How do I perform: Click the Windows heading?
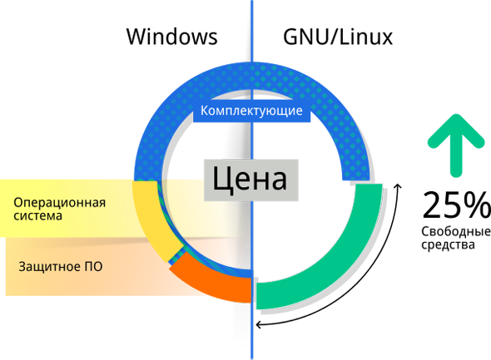pyautogui.click(x=172, y=37)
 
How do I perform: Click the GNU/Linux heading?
pyautogui.click(x=338, y=37)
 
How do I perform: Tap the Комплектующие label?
pyautogui.click(x=251, y=111)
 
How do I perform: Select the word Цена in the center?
pyautogui.click(x=250, y=179)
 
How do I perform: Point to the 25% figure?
pyautogui.click(x=456, y=205)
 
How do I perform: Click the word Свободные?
pyautogui.click(x=456, y=232)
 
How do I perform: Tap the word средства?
pyautogui.click(x=448, y=244)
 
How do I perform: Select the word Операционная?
pyautogui.click(x=59, y=203)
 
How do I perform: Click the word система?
pyautogui.click(x=38, y=216)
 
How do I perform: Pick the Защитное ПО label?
pyautogui.click(x=61, y=267)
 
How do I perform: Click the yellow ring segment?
pyautogui.click(x=150, y=219)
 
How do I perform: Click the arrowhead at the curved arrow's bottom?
pyautogui.click(x=258, y=324)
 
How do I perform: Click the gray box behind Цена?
pyautogui.click(x=250, y=180)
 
